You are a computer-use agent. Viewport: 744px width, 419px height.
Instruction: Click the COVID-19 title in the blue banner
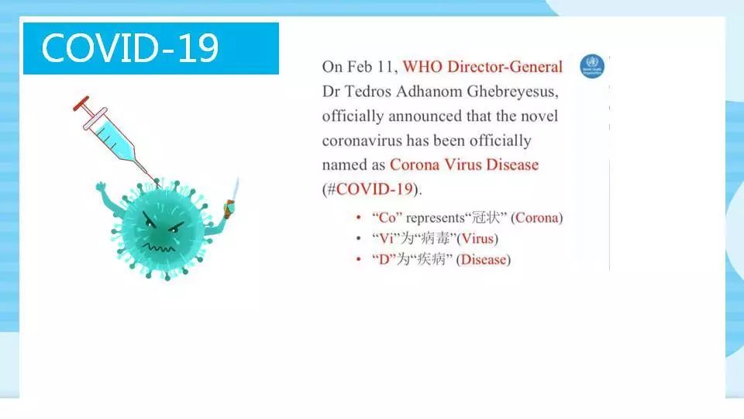click(x=130, y=48)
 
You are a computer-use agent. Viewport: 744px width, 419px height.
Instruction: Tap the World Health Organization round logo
click(x=592, y=66)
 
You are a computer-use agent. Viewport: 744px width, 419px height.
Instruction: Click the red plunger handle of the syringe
click(x=81, y=103)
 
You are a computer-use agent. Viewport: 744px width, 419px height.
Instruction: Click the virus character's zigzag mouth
click(x=158, y=248)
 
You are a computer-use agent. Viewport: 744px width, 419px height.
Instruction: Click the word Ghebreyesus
click(x=512, y=92)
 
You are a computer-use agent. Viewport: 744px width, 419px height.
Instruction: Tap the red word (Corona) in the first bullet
click(x=536, y=217)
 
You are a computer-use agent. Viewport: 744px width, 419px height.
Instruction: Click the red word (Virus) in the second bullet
click(x=477, y=238)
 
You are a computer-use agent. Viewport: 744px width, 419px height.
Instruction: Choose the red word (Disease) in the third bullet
click(x=484, y=259)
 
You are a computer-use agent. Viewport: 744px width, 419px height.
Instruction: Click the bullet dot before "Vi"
click(x=359, y=238)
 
